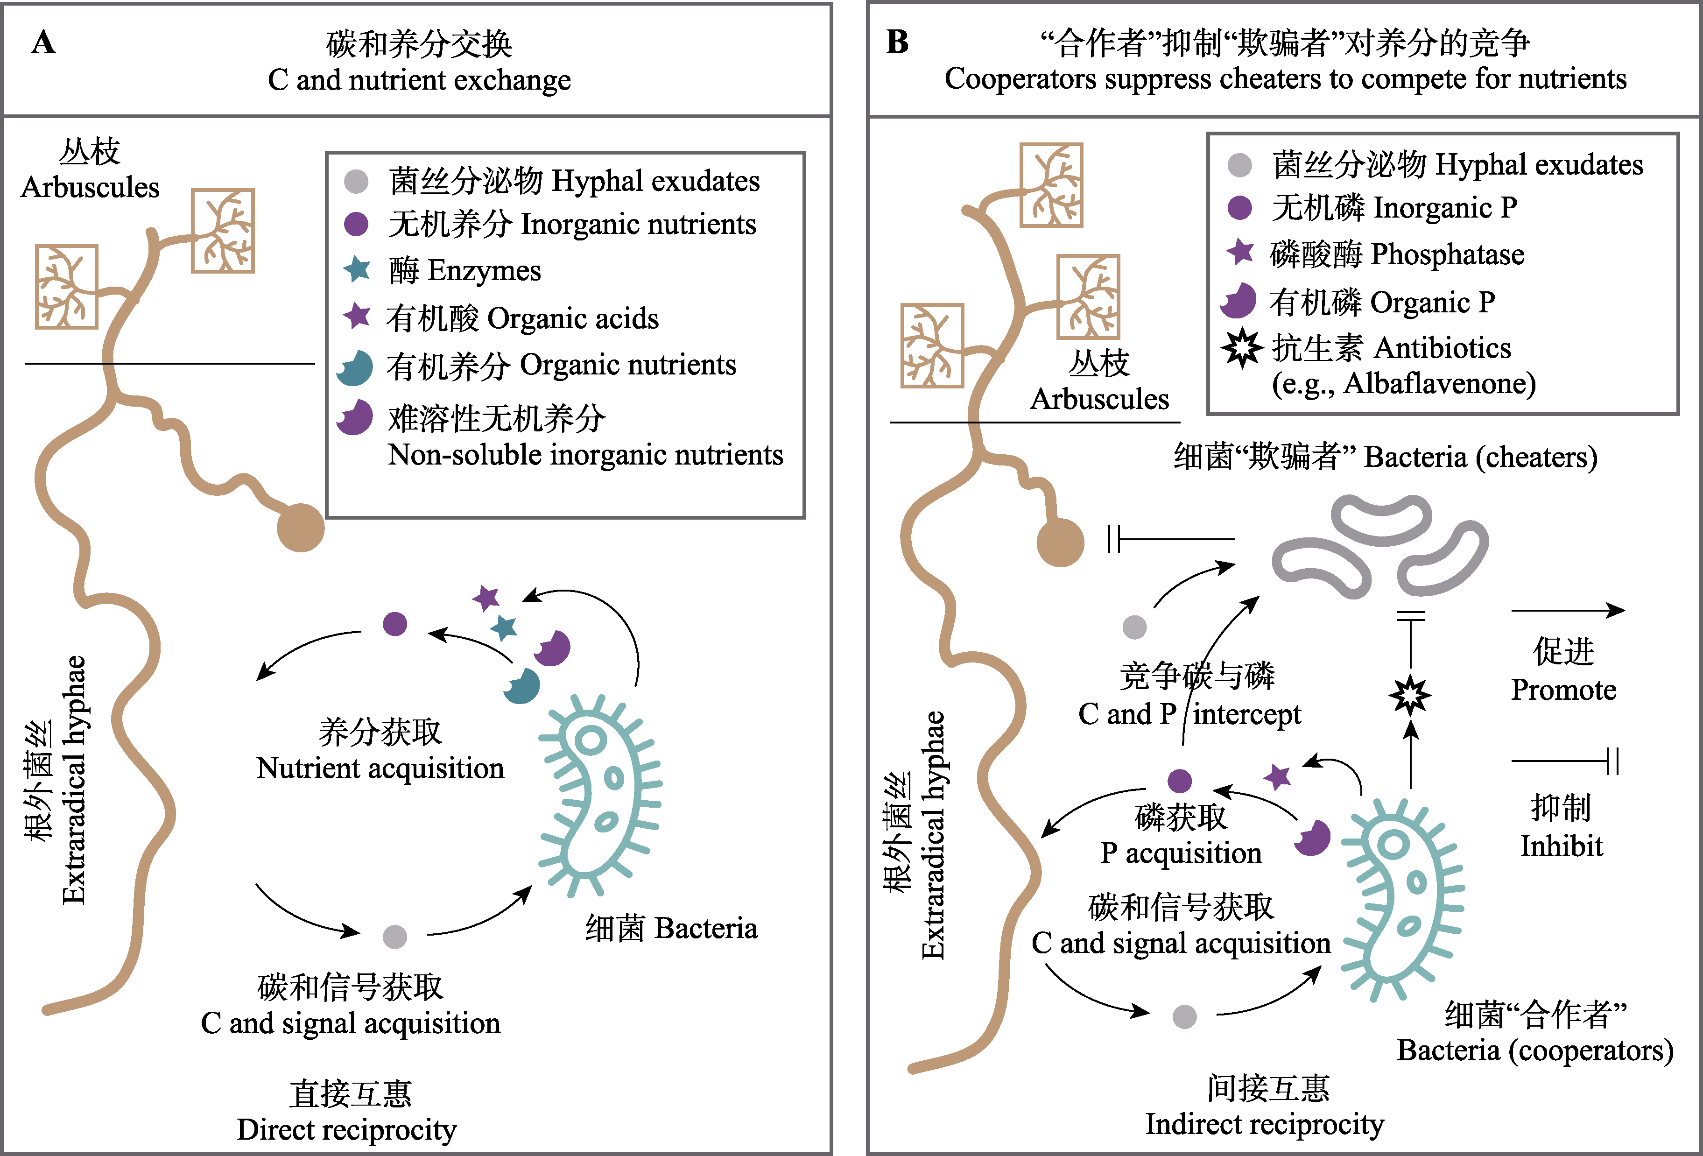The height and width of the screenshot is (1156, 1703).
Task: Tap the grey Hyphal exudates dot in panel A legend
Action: click(356, 181)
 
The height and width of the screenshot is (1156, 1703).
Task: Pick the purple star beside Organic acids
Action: click(357, 316)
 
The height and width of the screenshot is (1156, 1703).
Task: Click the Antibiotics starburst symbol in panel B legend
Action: click(1241, 348)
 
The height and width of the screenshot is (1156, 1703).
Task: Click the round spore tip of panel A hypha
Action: click(301, 527)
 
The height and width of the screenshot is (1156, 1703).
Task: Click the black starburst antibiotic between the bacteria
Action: click(1410, 695)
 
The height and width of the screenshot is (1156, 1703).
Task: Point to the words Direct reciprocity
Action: click(346, 1129)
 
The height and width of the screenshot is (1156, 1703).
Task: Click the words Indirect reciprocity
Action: click(1265, 1124)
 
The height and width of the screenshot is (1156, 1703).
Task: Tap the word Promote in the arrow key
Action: click(1564, 690)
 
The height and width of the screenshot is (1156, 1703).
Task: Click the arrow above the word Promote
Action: click(1568, 610)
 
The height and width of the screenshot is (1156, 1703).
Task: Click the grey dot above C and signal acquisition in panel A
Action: click(395, 936)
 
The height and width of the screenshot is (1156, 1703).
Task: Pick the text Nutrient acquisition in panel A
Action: click(380, 768)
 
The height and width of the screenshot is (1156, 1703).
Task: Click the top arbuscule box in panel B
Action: click(1052, 185)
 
